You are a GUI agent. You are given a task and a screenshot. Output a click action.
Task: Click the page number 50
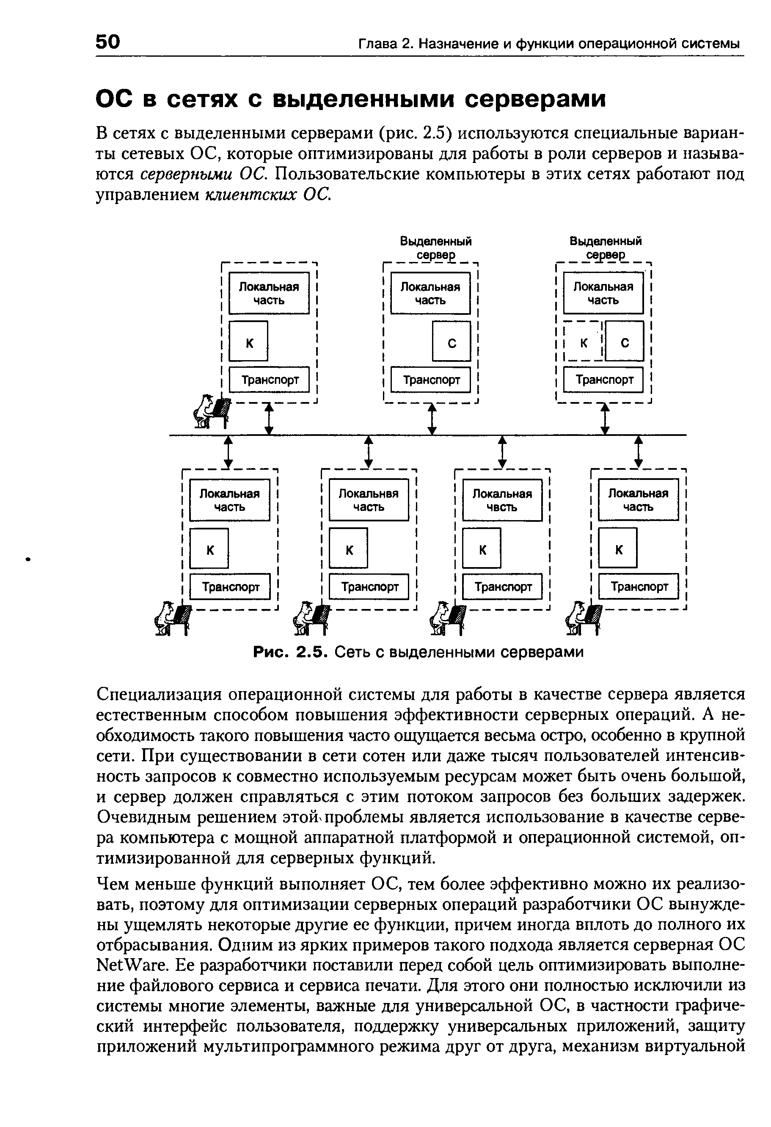(107, 42)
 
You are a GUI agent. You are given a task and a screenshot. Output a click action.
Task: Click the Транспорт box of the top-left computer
(269, 380)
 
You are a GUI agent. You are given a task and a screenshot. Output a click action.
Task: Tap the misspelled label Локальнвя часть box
(369, 500)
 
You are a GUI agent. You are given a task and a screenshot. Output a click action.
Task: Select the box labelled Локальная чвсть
(502, 500)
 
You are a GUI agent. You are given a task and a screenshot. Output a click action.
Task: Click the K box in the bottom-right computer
(618, 548)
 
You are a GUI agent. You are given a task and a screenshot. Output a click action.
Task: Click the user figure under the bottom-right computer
(585, 618)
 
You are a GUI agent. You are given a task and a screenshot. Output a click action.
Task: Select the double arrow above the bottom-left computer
(229, 452)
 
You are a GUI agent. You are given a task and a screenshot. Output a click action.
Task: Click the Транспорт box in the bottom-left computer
(230, 587)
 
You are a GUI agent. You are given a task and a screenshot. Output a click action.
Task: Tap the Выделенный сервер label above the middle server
(435, 247)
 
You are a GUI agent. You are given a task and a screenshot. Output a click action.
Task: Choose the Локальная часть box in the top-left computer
(269, 293)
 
